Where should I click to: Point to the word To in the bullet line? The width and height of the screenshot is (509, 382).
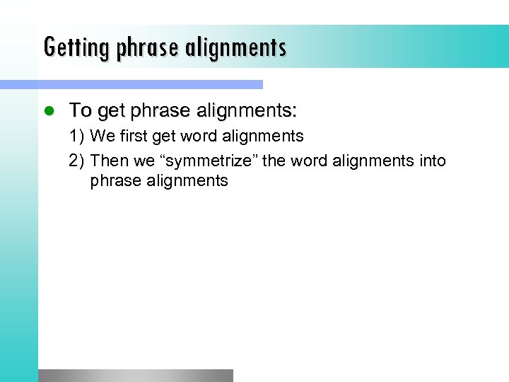80,110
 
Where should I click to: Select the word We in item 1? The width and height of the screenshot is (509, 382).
100,136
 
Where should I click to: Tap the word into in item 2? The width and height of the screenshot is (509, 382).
431,161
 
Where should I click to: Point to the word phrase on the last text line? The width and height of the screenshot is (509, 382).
115,181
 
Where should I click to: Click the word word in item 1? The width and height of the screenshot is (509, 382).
199,136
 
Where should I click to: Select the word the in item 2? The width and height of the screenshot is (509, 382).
274,161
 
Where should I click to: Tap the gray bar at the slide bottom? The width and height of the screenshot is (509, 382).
135,376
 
